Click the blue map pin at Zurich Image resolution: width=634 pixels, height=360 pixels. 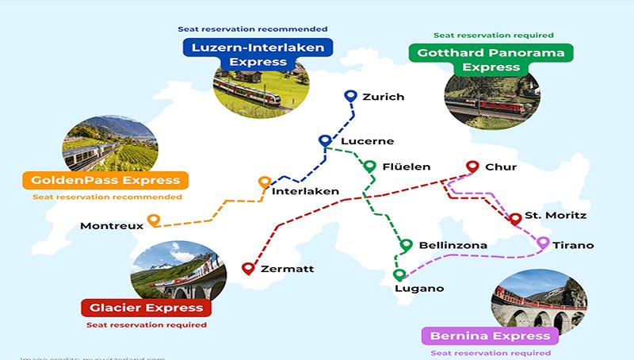click(x=351, y=97)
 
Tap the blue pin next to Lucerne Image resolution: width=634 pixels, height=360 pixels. click(x=324, y=141)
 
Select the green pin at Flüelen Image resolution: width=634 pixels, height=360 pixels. click(x=369, y=167)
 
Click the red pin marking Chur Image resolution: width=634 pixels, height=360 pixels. click(x=472, y=167)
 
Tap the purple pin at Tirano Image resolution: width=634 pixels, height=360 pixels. click(x=543, y=243)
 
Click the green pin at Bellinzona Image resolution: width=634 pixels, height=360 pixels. click(x=407, y=245)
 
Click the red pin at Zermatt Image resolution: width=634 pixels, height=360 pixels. click(x=248, y=269)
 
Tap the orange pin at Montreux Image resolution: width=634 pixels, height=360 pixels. click(x=154, y=220)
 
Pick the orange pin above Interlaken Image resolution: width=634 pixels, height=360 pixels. click(x=264, y=183)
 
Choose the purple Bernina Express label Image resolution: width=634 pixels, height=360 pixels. click(x=487, y=336)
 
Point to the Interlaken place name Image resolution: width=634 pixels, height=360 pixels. click(x=305, y=192)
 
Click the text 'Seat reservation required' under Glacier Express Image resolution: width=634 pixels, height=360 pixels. click(x=147, y=325)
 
